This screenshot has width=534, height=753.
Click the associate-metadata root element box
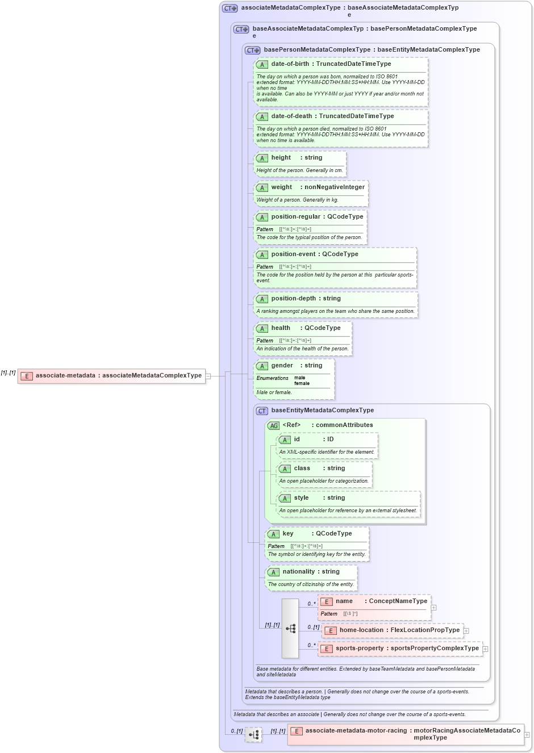click(x=111, y=376)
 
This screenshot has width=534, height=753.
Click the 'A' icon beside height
click(x=262, y=158)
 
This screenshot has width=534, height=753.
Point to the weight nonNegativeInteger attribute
click(x=318, y=187)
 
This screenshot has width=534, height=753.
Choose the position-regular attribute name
click(x=295, y=217)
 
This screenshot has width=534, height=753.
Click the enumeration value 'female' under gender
click(x=302, y=384)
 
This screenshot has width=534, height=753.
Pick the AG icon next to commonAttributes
click(x=273, y=425)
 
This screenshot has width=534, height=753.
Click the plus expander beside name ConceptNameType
click(x=433, y=608)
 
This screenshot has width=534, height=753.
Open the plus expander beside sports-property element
click(x=485, y=649)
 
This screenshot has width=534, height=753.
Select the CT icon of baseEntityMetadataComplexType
click(x=262, y=411)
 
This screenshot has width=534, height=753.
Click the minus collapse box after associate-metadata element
click(x=208, y=376)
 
